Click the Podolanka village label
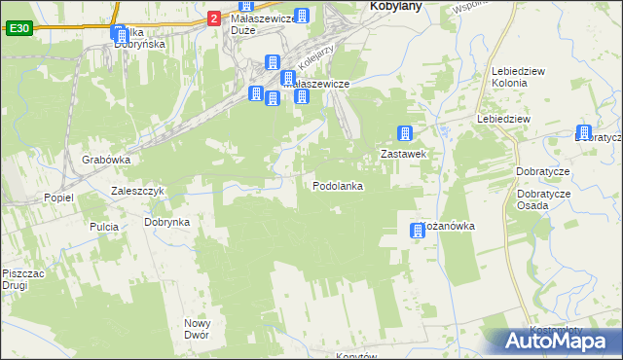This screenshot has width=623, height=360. point(338,186)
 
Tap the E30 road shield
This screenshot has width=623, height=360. point(18,29)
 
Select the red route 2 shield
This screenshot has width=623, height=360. point(213,18)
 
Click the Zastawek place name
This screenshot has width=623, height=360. point(404,154)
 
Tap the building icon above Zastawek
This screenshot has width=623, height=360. point(405,134)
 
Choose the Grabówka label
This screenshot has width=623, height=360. point(107,160)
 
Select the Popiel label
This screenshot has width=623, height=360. point(58,198)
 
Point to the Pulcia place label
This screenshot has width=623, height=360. point(104,227)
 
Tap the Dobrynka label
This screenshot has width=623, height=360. point(167,222)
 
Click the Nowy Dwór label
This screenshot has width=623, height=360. point(198,330)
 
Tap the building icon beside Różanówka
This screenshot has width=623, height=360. point(417,231)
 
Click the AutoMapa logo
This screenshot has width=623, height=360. point(554,342)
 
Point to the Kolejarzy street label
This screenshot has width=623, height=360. point(318,60)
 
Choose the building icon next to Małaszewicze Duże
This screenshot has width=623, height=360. point(303,17)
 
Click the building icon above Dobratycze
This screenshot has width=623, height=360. point(584,133)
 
